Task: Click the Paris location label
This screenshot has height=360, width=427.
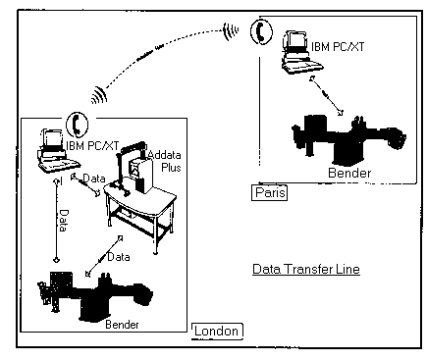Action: click(x=270, y=192)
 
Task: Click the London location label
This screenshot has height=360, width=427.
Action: click(x=217, y=331)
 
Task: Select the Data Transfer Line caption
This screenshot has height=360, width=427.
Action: click(x=306, y=269)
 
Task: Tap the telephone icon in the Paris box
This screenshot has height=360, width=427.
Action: click(x=261, y=31)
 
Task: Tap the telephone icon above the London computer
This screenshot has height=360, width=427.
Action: click(x=78, y=125)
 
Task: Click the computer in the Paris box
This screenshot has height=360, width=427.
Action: click(x=300, y=52)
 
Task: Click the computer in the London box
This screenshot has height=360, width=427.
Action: click(x=57, y=151)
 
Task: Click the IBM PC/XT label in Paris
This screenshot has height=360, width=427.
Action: click(x=338, y=47)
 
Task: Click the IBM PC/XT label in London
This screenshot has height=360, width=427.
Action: click(x=92, y=145)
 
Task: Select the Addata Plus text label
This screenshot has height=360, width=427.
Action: click(x=165, y=161)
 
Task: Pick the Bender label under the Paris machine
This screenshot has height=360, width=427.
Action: click(x=349, y=173)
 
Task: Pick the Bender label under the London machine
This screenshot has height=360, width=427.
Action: click(x=122, y=325)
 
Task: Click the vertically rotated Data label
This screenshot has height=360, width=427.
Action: click(x=64, y=221)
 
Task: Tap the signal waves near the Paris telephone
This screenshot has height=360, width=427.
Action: click(x=231, y=31)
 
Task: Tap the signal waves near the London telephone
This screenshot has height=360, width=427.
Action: click(x=99, y=95)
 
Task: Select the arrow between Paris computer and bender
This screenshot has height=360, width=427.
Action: click(x=326, y=95)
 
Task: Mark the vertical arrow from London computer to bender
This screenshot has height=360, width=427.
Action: click(x=57, y=220)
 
